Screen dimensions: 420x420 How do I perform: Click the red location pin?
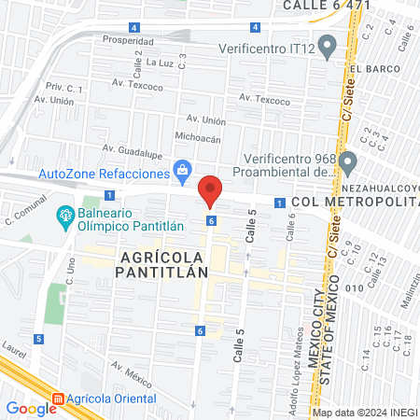[x=211, y=190]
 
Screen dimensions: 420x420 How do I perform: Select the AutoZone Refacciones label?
[x=103, y=174]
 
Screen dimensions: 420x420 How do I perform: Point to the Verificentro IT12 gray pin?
[x=327, y=45]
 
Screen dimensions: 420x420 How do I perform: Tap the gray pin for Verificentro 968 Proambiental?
[x=348, y=163]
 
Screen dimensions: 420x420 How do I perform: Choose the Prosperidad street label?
[x=128, y=41]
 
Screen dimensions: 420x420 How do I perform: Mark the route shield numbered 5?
[x=38, y=339]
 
